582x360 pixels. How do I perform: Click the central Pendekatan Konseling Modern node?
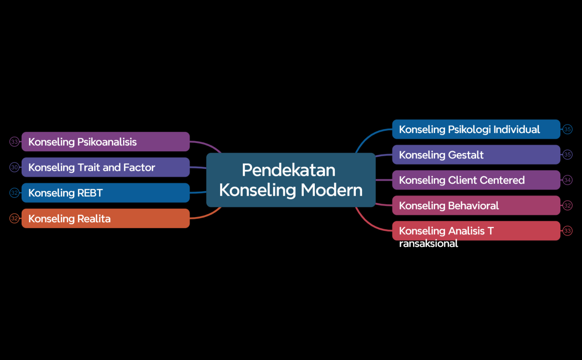(290, 179)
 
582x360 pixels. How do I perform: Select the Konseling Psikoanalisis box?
(105, 142)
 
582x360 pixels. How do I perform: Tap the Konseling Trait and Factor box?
(105, 167)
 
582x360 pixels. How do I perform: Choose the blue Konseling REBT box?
(105, 193)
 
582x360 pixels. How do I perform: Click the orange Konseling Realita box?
(105, 219)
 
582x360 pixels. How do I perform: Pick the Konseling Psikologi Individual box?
(476, 129)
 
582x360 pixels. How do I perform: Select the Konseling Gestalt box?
(476, 155)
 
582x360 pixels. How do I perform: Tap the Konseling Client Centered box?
(476, 180)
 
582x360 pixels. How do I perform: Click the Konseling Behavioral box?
(476, 205)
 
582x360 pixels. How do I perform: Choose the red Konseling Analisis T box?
(476, 230)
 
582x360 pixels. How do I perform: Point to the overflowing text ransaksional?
(428, 244)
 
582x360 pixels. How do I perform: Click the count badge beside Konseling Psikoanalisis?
(14, 142)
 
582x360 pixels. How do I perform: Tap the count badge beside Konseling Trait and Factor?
(14, 167)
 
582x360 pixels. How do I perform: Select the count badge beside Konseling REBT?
(14, 193)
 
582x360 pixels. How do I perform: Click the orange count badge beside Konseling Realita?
(14, 219)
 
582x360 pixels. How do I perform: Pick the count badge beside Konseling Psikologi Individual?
(567, 129)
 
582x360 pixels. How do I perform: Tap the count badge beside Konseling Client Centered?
(567, 180)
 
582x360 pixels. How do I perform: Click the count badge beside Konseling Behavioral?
(567, 205)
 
